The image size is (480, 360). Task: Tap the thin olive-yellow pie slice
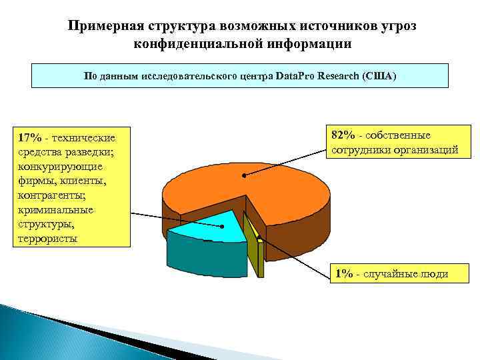[251, 231]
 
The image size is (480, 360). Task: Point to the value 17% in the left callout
[31, 137]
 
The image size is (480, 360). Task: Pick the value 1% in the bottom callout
[344, 274]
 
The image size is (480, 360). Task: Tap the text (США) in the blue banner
[379, 76]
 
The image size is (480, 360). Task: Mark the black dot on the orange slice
[245, 176]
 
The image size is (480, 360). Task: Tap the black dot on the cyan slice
[223, 226]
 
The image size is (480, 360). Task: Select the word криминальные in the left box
[56, 209]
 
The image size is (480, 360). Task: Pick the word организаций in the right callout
[426, 149]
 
